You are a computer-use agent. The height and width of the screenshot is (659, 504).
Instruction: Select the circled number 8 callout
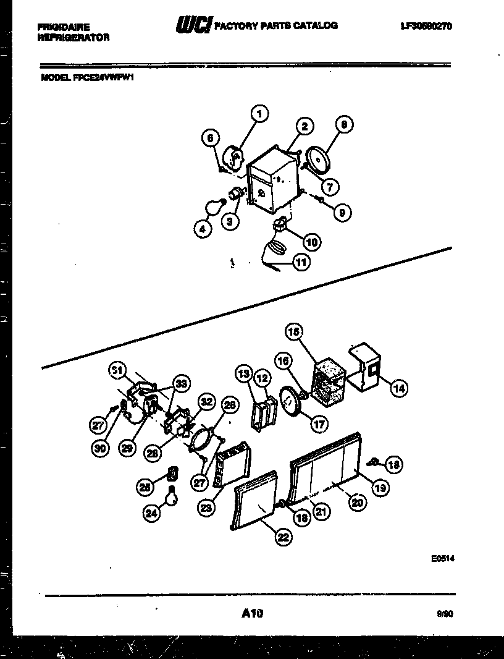coord(344,124)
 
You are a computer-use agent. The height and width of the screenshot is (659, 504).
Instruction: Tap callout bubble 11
coord(301,262)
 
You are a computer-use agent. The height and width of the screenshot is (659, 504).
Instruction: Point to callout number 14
coord(398,388)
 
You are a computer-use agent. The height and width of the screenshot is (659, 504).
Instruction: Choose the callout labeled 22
coord(282,537)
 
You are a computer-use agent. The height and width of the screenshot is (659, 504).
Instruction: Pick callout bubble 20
coord(356,503)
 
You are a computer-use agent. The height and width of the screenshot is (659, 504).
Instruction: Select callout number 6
coord(211,139)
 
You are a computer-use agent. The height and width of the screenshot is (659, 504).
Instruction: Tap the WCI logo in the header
coord(193,25)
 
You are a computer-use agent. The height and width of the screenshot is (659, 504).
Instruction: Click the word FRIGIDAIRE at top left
coord(64,27)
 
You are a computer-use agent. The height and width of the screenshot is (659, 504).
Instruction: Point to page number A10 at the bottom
coord(253,613)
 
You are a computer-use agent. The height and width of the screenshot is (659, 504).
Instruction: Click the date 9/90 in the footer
coord(443,614)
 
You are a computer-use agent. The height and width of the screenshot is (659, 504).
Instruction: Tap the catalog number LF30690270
coord(426,26)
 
